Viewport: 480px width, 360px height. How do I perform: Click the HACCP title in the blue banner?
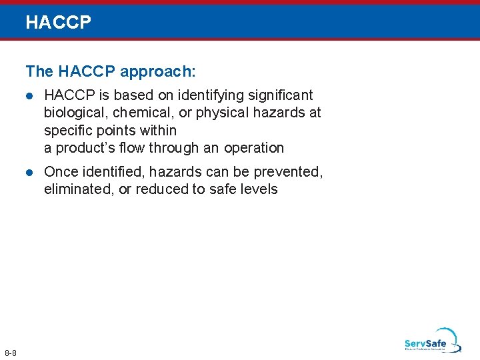point(58,23)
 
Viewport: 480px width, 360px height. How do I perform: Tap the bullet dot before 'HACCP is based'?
point(29,96)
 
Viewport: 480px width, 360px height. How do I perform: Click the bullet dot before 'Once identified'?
point(29,172)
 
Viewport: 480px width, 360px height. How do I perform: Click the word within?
point(158,131)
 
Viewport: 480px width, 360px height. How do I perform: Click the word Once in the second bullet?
point(61,172)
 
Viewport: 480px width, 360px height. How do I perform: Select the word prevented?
point(292,172)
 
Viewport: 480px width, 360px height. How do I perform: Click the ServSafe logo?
point(432,341)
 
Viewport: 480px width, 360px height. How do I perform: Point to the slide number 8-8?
point(11,352)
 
